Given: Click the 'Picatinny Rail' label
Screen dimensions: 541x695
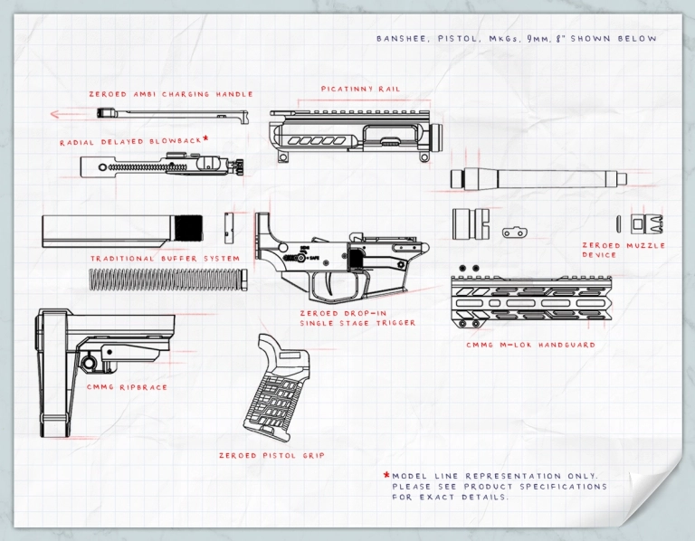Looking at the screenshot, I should point(360,90).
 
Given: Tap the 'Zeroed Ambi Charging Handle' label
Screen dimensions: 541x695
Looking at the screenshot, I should point(170,94).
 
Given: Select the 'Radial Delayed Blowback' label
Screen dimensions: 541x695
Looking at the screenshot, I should point(132,142).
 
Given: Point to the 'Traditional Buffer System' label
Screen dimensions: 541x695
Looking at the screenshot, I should point(165,259).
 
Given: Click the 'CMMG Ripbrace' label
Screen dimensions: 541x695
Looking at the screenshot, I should point(128,387).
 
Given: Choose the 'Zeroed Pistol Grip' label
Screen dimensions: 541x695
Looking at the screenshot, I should point(271,455).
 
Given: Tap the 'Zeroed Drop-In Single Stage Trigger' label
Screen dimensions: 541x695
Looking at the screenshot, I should point(357,318).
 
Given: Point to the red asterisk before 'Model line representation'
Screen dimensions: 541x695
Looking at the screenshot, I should point(386,476).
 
